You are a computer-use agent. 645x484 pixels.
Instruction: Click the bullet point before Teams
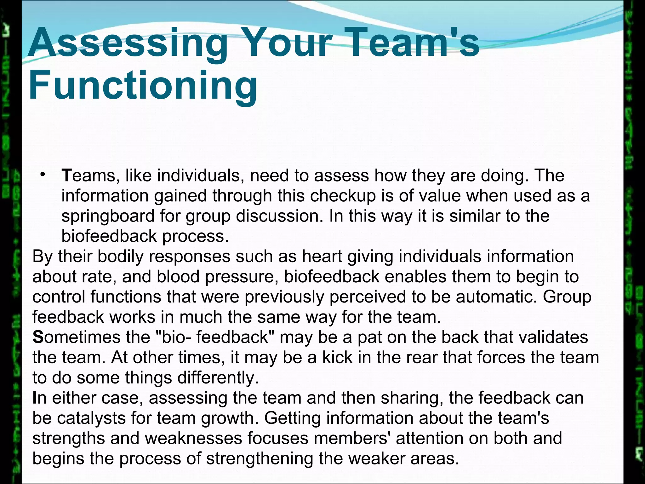43,174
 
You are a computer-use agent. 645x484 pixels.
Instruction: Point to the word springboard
108,216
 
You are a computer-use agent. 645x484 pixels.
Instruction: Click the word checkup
343,196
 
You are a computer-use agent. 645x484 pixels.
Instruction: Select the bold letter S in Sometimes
37,337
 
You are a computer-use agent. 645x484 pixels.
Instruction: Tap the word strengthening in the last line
260,458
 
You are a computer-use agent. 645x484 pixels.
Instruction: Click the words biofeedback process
145,236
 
